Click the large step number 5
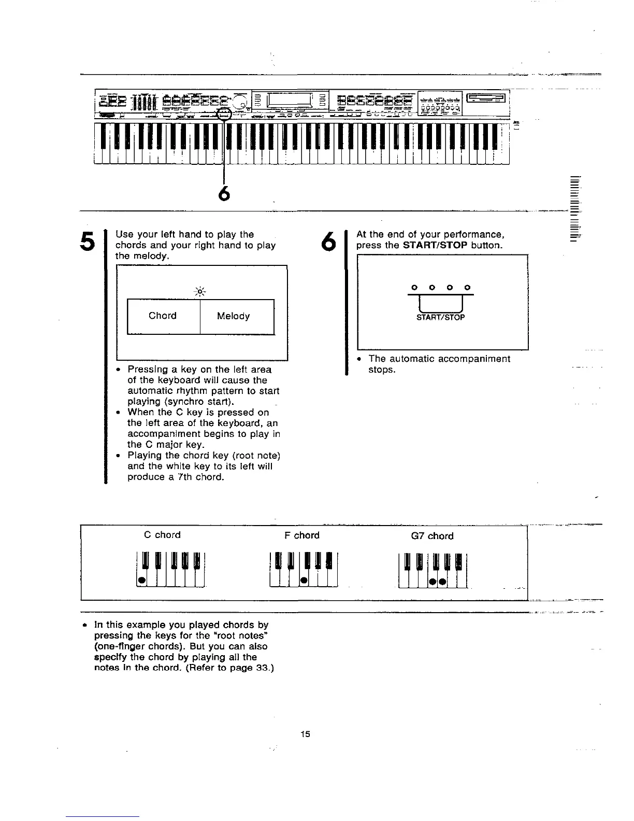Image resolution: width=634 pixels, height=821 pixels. pos(87,244)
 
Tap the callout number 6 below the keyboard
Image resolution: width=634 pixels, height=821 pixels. pos(224,193)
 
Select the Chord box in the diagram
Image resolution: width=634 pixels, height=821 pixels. pos(163,316)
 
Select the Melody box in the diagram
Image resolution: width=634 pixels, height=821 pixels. pos(233,316)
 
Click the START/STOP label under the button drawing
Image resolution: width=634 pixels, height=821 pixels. pos(441,317)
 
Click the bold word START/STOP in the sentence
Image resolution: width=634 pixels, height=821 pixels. pos(435,245)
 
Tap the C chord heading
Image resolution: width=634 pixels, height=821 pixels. pos(162,535)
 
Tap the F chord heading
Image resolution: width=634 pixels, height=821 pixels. pos(302,535)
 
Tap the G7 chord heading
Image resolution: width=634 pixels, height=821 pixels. pos(432,536)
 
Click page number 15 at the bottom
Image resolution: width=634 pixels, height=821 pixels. pos(305,734)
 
